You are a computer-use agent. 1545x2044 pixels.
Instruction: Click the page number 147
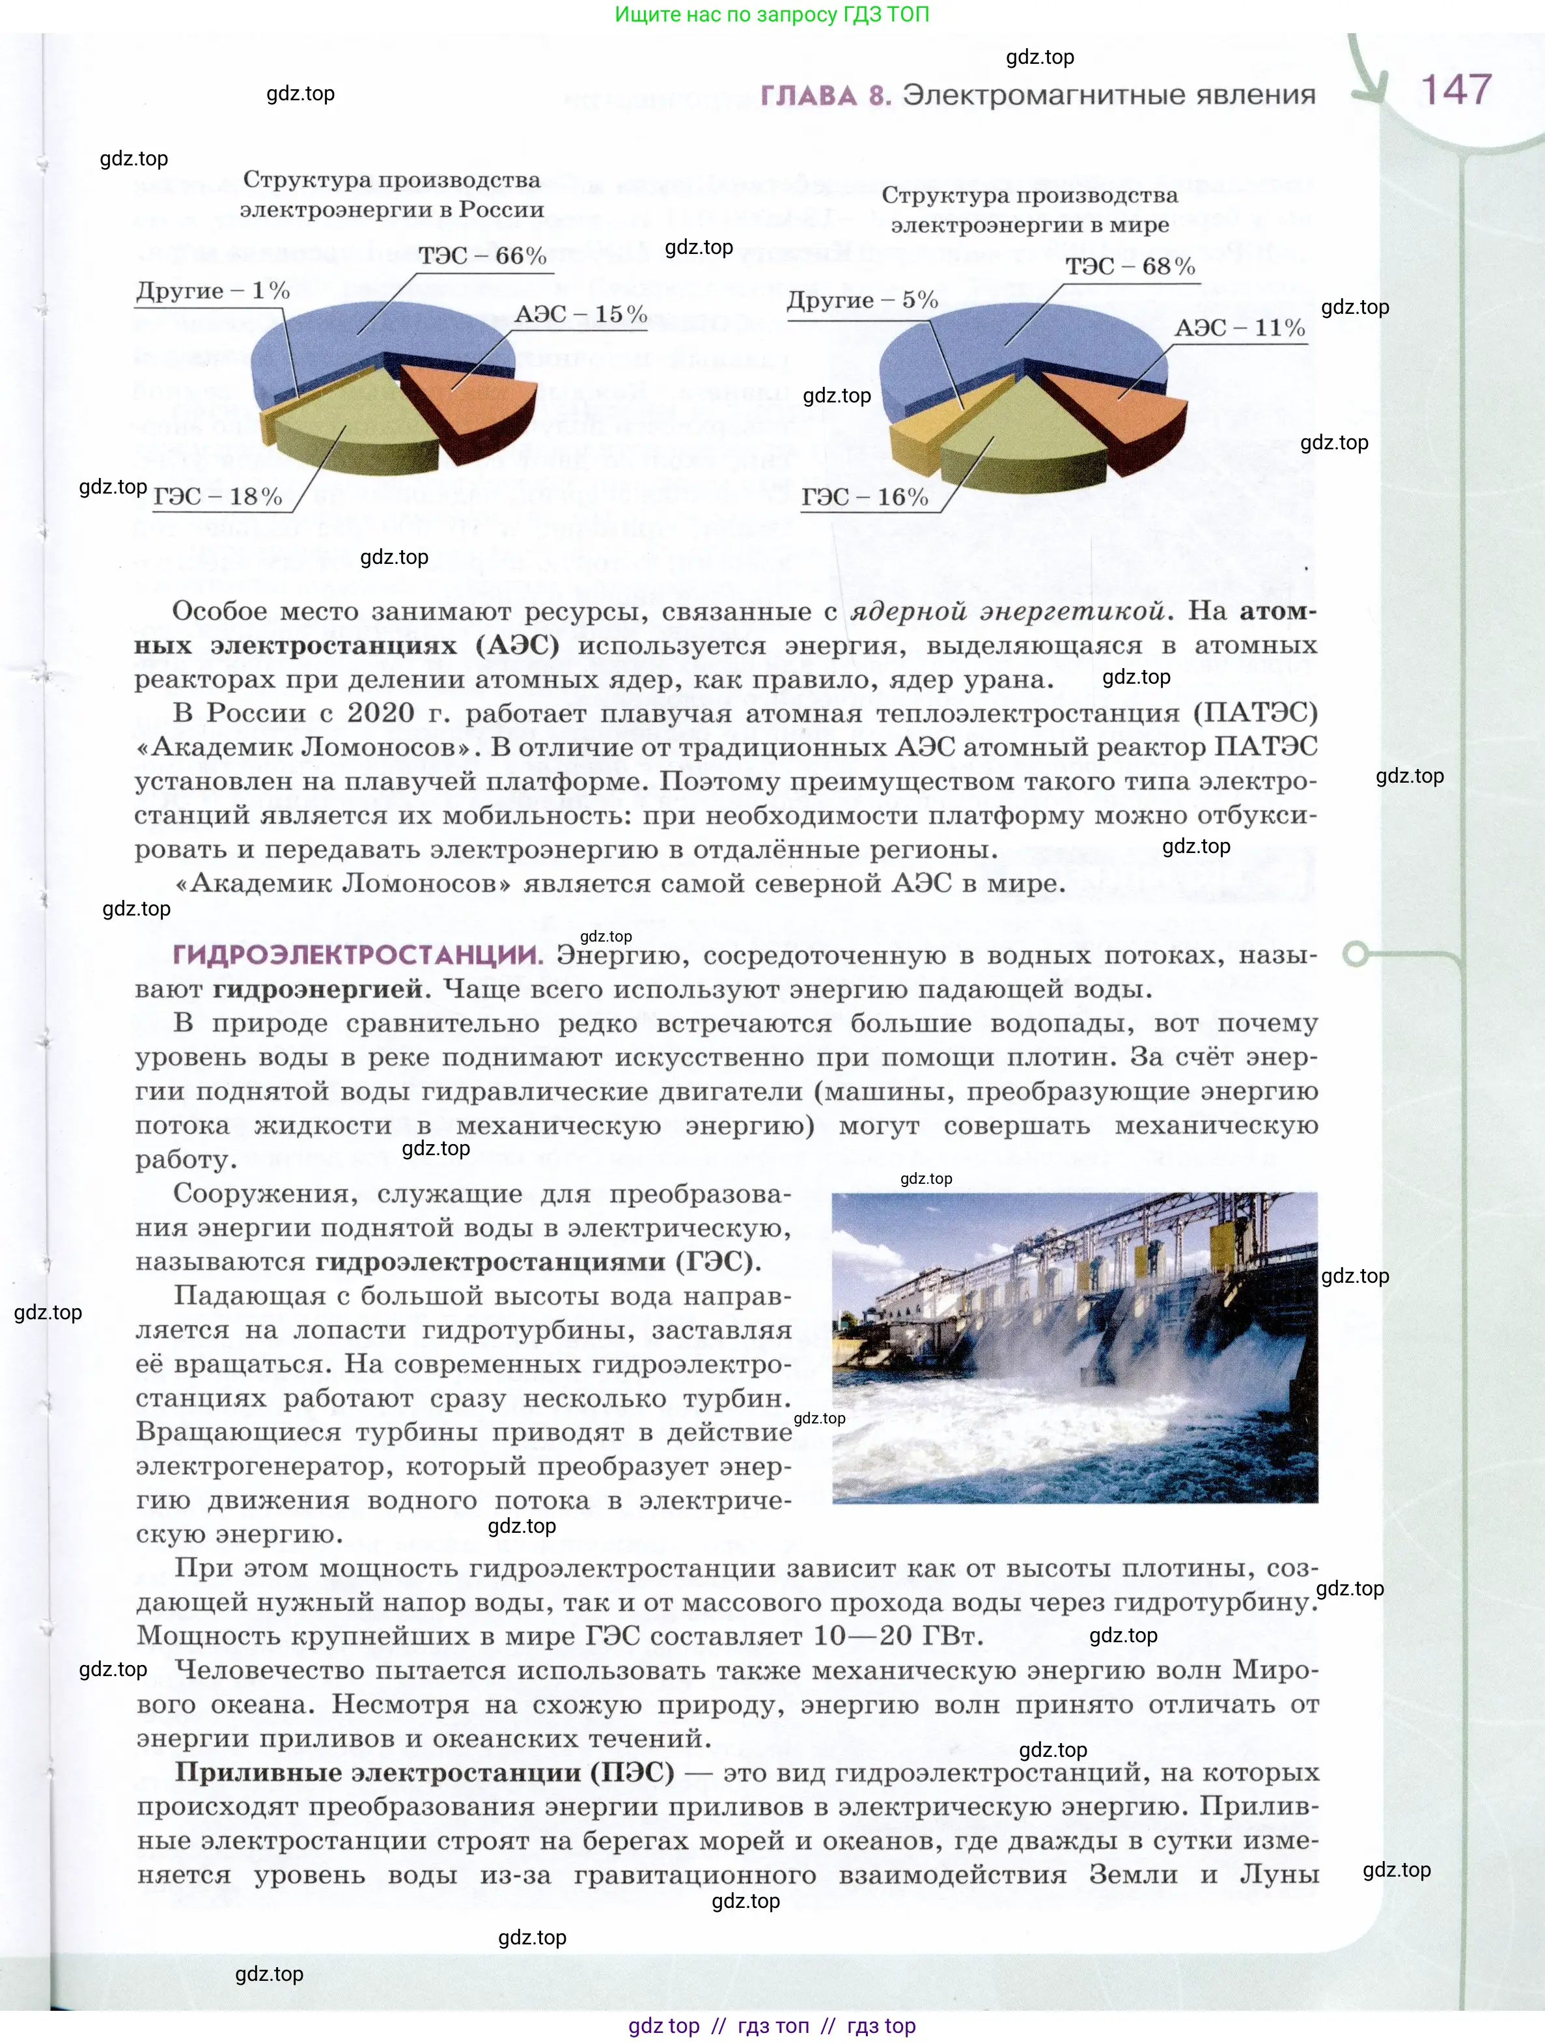pyautogui.click(x=1455, y=90)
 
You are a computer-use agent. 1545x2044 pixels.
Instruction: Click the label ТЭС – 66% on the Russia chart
pyautogui.click(x=482, y=256)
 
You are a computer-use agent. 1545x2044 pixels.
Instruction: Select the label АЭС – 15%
pyautogui.click(x=580, y=314)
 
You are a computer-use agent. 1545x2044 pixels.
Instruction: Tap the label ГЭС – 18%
pyautogui.click(x=217, y=496)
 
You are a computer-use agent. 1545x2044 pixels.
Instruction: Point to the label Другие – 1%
pyautogui.click(x=212, y=290)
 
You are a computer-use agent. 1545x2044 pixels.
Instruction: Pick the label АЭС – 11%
pyautogui.click(x=1239, y=328)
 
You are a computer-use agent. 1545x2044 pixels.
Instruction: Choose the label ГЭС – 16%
pyautogui.click(x=864, y=497)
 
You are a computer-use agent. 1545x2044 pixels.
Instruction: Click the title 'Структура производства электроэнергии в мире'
pyautogui.click(x=1029, y=210)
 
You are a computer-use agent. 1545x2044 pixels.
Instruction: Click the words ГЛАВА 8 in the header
pyautogui.click(x=825, y=95)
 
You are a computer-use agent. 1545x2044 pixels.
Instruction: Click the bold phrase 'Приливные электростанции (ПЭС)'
pyautogui.click(x=424, y=1772)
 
